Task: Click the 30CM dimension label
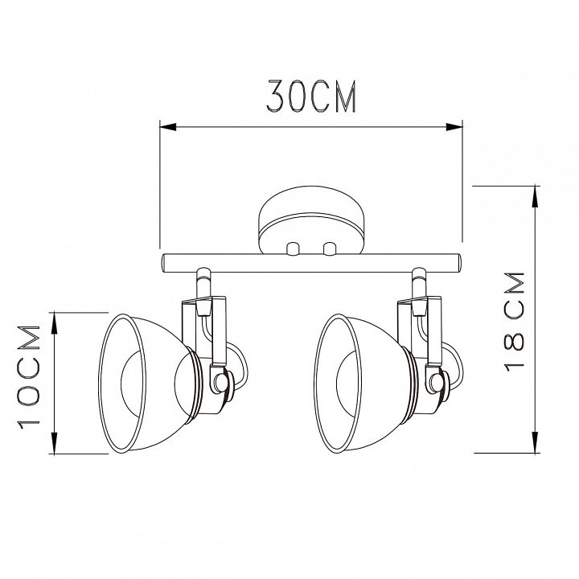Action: [x=311, y=96]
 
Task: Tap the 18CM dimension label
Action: [x=514, y=322]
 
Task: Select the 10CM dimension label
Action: [x=28, y=377]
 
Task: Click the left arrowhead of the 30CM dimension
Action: [x=167, y=127]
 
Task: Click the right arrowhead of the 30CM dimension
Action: [x=454, y=127]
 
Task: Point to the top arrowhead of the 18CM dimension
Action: [x=535, y=195]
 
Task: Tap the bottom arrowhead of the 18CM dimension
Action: [x=535, y=444]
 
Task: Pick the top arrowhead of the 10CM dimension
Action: [x=55, y=321]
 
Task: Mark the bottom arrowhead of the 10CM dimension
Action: [x=55, y=445]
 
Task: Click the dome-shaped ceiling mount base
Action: [x=311, y=220]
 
